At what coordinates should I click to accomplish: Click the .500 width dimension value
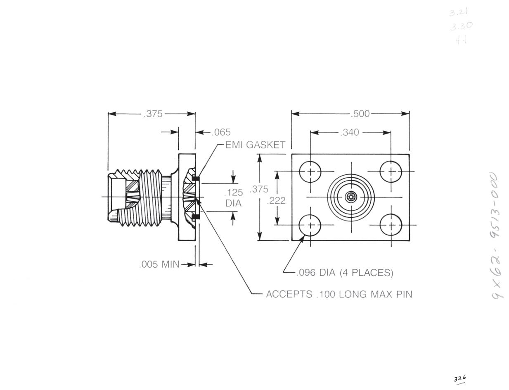point(360,114)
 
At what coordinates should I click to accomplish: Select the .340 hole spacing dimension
point(349,132)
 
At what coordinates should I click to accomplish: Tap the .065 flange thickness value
point(221,132)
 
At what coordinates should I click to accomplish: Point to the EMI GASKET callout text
point(255,145)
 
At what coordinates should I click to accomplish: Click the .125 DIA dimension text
point(233,197)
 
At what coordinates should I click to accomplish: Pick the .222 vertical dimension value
point(276,201)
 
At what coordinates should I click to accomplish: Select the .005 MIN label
point(159,265)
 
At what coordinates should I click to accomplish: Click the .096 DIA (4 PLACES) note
point(345,273)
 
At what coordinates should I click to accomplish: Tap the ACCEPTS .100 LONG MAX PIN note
point(339,294)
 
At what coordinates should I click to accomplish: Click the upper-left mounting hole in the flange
point(310,171)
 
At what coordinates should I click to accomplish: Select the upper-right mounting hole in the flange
point(391,171)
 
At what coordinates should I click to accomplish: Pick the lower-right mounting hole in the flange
point(391,225)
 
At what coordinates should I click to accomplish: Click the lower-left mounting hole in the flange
point(310,225)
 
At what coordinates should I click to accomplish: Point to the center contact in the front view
point(351,197)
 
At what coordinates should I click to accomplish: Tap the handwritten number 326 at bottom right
point(460,378)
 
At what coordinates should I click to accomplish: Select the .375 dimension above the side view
point(153,114)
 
